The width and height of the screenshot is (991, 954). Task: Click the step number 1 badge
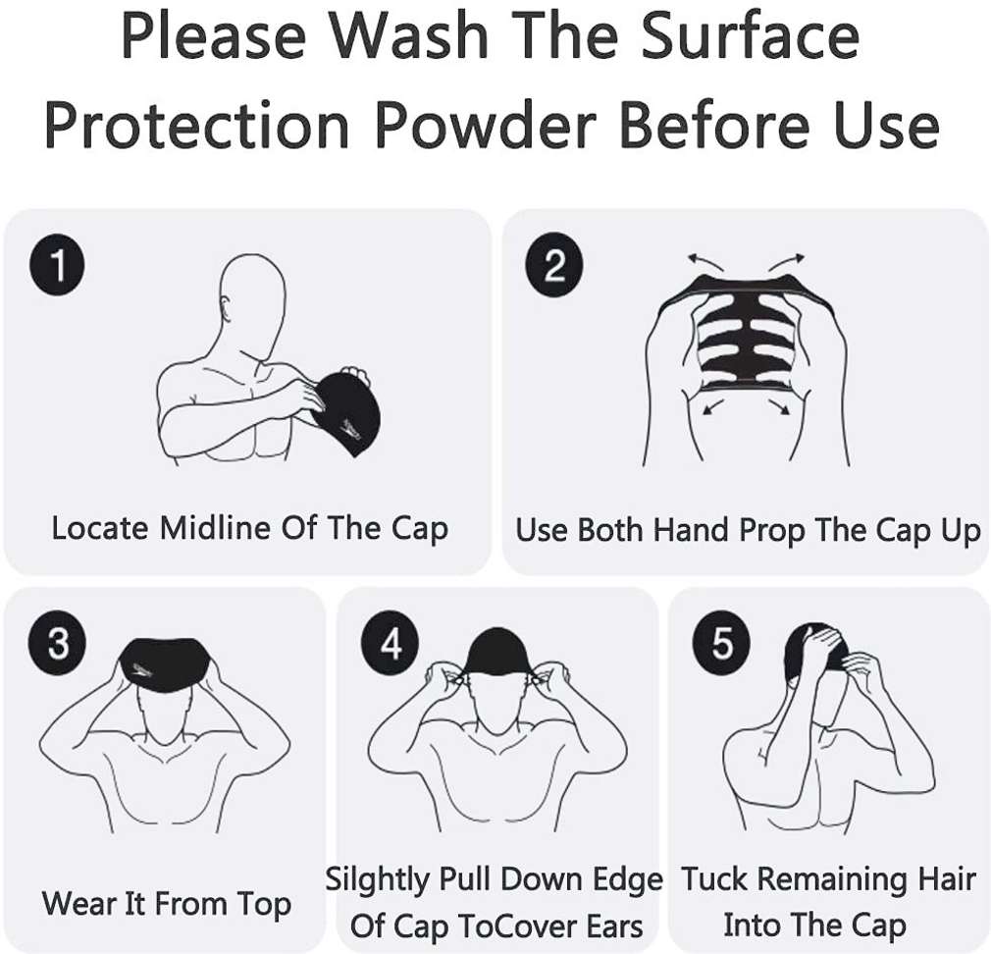click(x=58, y=264)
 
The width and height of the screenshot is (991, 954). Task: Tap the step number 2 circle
click(x=554, y=264)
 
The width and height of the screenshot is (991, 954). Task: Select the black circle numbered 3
click(x=58, y=643)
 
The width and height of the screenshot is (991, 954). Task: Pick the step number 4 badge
click(x=390, y=643)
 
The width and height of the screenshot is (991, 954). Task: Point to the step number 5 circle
click(x=722, y=643)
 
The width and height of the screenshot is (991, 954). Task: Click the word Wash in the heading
click(x=409, y=35)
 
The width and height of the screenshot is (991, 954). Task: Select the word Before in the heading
click(x=715, y=124)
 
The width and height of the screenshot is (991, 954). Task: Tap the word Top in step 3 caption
click(x=264, y=904)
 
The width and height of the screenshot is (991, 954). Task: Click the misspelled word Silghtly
click(x=378, y=880)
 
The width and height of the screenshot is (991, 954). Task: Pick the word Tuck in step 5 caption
click(x=715, y=878)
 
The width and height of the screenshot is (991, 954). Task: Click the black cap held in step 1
click(x=346, y=413)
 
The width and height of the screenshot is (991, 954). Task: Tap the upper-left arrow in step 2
click(x=705, y=260)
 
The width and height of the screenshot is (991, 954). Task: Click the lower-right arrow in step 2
click(x=780, y=406)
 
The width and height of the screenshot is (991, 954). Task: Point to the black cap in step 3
click(x=164, y=667)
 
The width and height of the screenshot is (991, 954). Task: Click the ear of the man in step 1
click(x=225, y=307)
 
